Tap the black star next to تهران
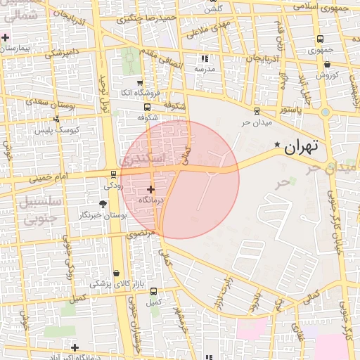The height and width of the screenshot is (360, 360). (278, 146)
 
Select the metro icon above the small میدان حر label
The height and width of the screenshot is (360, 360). (256, 110)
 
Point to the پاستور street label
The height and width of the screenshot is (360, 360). (288, 110)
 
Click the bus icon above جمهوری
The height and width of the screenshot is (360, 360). (321, 39)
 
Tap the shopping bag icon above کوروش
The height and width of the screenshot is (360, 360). (328, 65)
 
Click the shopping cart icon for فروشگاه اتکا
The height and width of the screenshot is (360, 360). (139, 83)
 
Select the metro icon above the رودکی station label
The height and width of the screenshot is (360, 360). (113, 174)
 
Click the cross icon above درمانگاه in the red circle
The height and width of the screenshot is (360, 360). (150, 189)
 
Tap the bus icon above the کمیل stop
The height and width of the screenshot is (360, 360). (153, 291)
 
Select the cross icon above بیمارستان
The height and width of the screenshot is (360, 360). (6, 37)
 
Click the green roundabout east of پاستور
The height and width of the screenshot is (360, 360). (325, 112)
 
